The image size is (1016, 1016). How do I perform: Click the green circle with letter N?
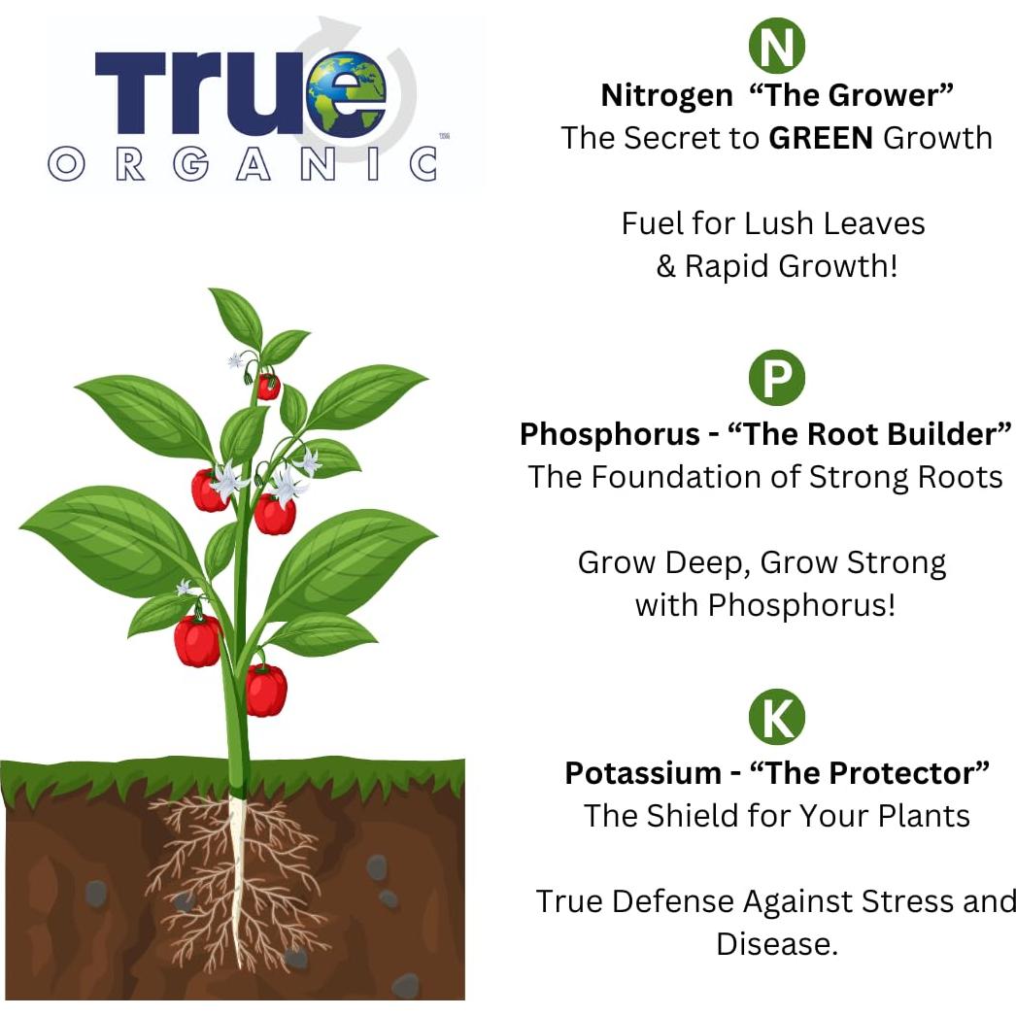(x=776, y=47)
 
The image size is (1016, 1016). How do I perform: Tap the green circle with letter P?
(x=776, y=379)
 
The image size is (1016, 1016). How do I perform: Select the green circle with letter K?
(x=776, y=718)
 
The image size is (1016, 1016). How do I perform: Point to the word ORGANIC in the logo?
(x=242, y=163)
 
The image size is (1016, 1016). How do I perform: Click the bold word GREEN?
(x=821, y=138)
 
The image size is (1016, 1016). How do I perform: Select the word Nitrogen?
(x=666, y=95)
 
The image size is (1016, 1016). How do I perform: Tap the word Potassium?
(x=641, y=773)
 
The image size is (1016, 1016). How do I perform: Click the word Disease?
(x=776, y=943)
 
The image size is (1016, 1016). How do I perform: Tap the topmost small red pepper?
(x=268, y=387)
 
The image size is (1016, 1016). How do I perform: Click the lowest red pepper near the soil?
(x=266, y=690)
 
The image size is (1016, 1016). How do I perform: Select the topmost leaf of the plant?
(x=236, y=316)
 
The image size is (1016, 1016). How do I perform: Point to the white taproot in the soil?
(x=237, y=874)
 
